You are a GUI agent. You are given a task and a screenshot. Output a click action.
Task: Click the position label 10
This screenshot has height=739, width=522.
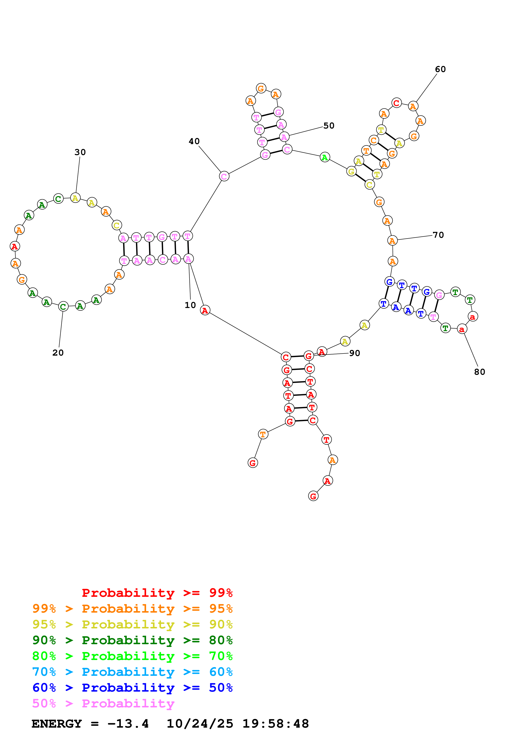coord(190,305)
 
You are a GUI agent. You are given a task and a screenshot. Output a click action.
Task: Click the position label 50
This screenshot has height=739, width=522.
coord(329,126)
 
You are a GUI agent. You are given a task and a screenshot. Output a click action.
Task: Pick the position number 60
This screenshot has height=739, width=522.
coord(440,69)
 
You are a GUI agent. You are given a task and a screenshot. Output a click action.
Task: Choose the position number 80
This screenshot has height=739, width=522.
coord(479,372)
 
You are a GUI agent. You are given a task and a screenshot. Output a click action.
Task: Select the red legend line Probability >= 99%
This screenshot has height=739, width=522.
coord(157,593)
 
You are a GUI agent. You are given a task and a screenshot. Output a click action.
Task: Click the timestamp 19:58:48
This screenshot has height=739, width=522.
coord(275,724)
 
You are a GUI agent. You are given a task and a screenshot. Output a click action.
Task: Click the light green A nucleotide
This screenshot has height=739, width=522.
coord(325,157)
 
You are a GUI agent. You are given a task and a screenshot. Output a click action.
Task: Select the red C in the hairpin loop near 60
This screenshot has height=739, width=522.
coord(397,103)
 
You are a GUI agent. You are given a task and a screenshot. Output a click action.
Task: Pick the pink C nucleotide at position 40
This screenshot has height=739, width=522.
coord(224,176)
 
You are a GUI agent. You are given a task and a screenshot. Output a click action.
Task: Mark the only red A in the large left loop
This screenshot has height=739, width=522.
coord(15,246)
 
